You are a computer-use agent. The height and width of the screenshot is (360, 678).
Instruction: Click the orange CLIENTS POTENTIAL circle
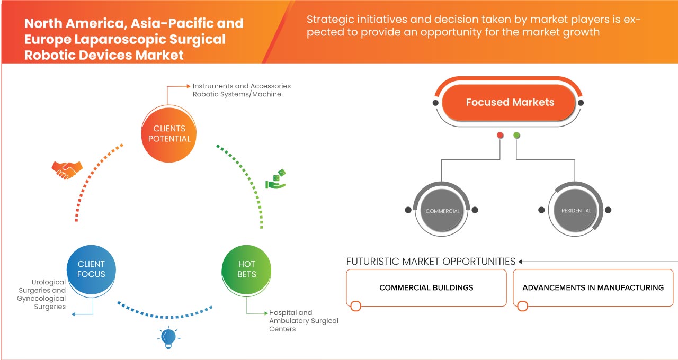[x=169, y=133]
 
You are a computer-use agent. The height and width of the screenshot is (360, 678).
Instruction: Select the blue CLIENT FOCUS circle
[x=91, y=269]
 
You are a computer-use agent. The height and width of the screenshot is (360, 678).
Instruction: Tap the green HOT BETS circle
[x=246, y=269]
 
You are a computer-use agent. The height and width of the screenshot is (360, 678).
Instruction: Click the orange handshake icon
[x=67, y=169]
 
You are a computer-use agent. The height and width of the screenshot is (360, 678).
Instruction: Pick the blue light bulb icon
[x=168, y=338]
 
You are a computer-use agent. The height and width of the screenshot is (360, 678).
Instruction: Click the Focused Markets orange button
[x=510, y=103]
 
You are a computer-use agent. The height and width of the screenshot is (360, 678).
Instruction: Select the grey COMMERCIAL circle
[x=442, y=211]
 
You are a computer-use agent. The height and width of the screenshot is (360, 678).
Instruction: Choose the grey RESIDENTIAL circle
[x=576, y=211]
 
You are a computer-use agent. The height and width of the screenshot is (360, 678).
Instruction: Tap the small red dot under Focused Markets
[x=500, y=136]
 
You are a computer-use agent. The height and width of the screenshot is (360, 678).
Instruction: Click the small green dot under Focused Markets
[x=516, y=136]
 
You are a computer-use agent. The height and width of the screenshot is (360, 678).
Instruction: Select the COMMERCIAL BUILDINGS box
[x=426, y=288]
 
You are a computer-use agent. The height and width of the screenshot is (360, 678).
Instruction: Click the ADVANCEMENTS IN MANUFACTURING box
[x=593, y=288]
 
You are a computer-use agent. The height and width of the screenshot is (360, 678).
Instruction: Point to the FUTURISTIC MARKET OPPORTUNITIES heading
[x=431, y=262]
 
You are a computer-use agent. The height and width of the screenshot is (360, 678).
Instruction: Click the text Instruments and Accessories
[x=242, y=86]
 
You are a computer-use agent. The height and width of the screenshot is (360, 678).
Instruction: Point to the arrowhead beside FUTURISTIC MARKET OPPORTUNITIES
[x=521, y=262]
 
